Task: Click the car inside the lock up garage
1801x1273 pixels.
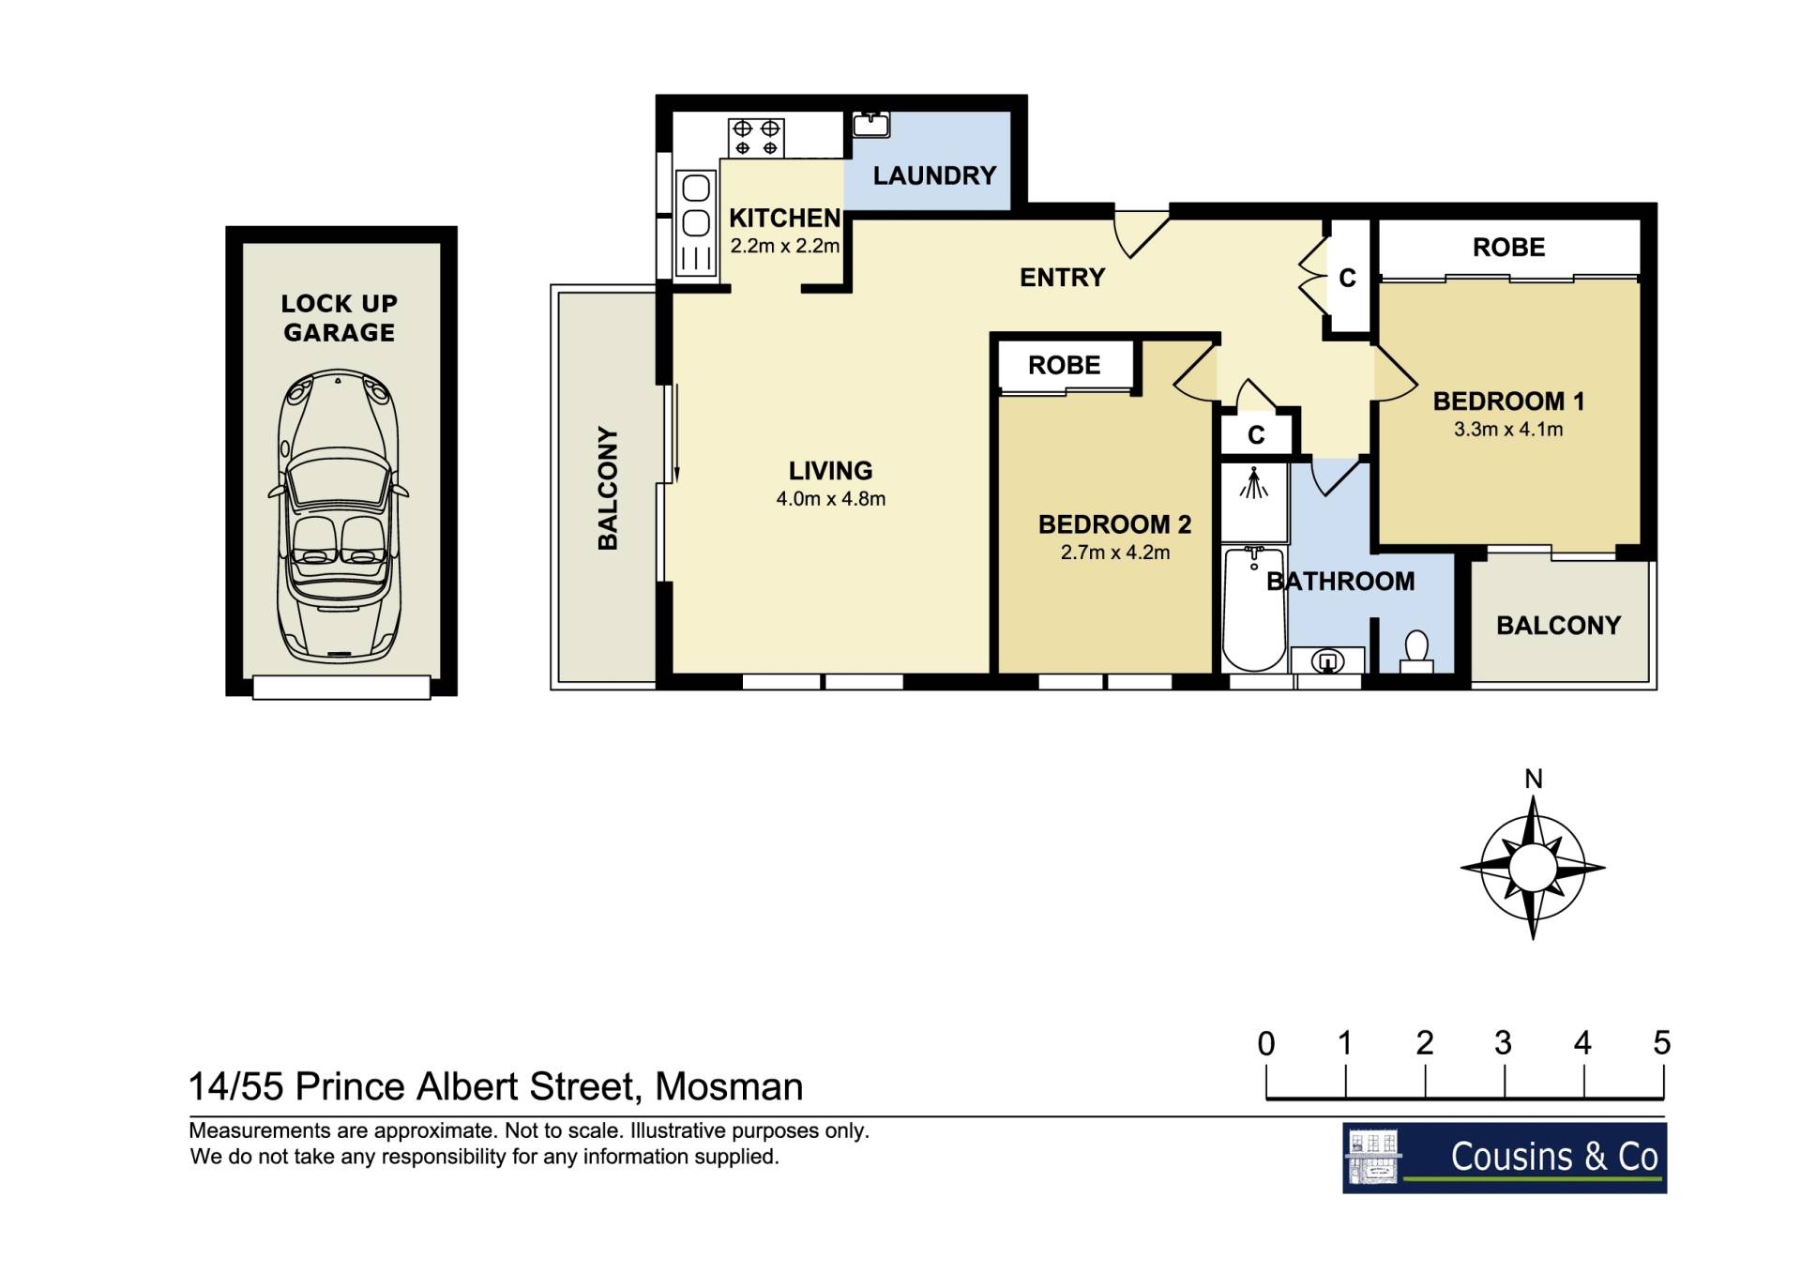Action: point(339,515)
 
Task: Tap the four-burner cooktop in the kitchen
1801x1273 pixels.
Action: point(756,138)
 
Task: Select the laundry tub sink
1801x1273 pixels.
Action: point(871,124)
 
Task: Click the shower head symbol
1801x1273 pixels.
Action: point(1254,484)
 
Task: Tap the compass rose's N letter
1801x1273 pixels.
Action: point(1533,779)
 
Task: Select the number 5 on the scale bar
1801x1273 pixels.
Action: point(1662,1043)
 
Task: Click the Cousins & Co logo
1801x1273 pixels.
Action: point(1505,1158)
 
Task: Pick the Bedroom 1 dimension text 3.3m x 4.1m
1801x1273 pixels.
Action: point(1508,430)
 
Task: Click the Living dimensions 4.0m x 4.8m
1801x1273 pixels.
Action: point(830,499)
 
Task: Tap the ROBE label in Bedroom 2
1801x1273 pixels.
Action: point(1064,365)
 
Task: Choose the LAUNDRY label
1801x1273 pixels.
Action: point(934,175)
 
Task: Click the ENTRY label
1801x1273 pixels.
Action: point(1062,278)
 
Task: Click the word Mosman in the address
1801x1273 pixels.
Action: point(729,1087)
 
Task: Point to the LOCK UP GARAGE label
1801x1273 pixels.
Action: point(340,318)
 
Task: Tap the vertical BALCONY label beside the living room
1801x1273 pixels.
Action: point(608,489)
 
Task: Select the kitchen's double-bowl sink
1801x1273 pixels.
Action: point(696,205)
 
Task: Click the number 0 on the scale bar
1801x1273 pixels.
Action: point(1266,1043)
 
